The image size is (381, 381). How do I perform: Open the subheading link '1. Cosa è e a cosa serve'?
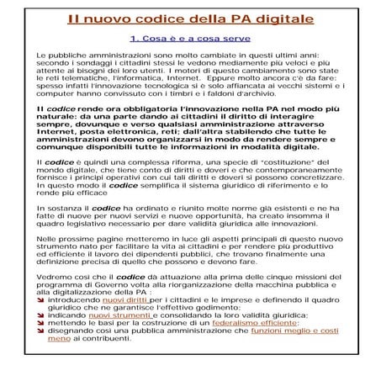pos(190,39)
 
